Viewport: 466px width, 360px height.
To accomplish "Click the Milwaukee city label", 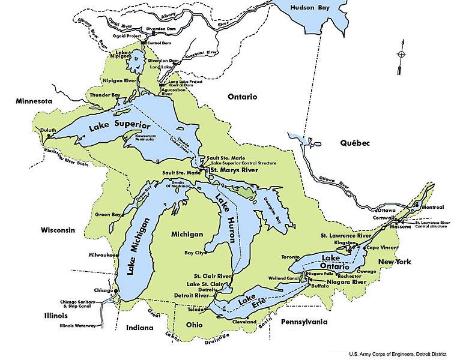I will pos(101,254).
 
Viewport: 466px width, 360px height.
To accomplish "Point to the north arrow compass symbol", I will pos(402,55).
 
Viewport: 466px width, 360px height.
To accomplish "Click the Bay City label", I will pos(192,253).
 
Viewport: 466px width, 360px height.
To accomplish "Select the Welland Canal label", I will pos(284,278).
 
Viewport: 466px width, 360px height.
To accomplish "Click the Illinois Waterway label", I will pos(78,326).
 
